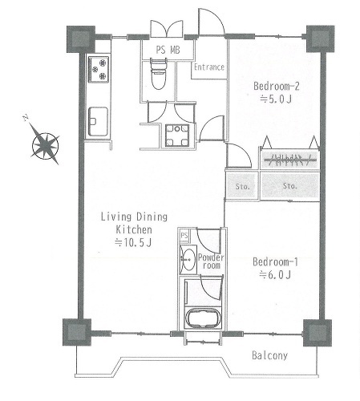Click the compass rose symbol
(46, 146)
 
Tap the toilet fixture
(158, 74)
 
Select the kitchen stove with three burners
(99, 69)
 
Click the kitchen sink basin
(98, 122)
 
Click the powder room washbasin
(188, 259)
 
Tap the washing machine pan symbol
(177, 136)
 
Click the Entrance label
(209, 67)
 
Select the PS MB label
(168, 50)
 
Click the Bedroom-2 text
(277, 86)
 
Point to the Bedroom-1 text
(275, 261)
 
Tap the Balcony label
(269, 355)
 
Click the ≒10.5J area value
(133, 242)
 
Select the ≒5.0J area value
(276, 99)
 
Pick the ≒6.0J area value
(275, 274)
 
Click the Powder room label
(211, 261)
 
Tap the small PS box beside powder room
(184, 236)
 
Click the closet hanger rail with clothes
(289, 160)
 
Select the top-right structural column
(320, 38)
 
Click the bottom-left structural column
(77, 332)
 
